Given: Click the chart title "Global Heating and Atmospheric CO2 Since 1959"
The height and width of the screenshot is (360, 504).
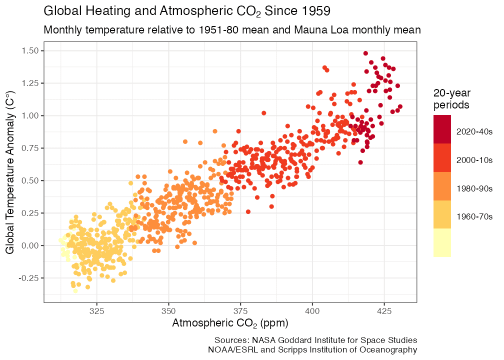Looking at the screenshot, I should tap(187, 10).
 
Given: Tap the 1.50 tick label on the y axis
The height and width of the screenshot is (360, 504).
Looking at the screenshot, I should tap(30, 50).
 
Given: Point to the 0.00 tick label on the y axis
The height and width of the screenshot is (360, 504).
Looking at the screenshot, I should tap(30, 245).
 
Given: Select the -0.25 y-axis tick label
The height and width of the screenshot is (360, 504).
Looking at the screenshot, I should tap(29, 278).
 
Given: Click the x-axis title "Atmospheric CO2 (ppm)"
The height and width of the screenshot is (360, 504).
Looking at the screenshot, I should tap(230, 323).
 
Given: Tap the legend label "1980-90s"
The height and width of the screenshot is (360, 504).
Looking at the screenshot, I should tap(474, 188).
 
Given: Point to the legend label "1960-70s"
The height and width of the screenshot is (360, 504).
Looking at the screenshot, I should tap(474, 216).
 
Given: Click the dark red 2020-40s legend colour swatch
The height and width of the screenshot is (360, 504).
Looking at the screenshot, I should tap(442, 129).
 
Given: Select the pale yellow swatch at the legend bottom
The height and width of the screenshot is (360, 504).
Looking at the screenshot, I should tap(442, 242).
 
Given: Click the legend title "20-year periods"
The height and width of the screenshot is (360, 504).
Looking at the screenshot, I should tap(451, 99).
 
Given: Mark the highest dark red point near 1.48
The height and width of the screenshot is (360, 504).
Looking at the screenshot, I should tap(365, 53).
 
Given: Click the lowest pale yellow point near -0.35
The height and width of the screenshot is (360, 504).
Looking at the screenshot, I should tap(75, 291).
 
